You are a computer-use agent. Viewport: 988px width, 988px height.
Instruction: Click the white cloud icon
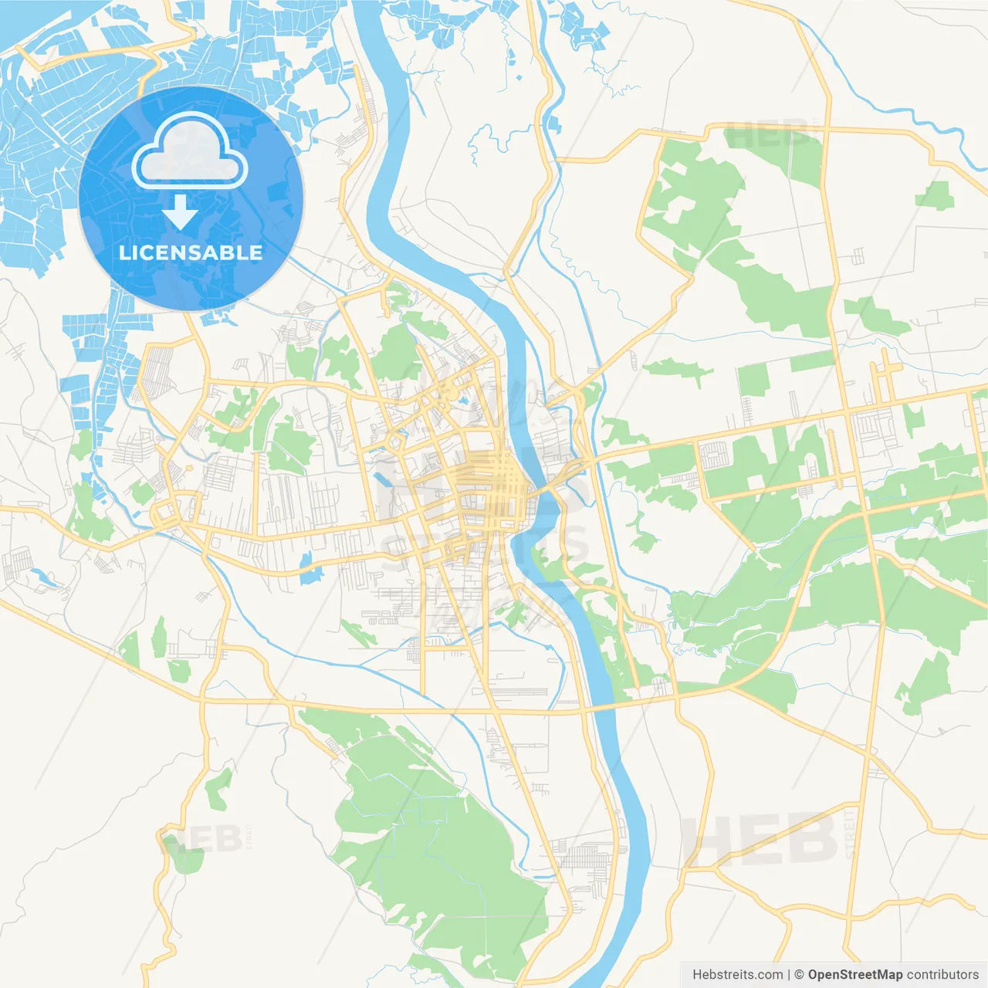190,151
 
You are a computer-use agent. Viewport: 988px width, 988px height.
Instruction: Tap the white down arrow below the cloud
180,211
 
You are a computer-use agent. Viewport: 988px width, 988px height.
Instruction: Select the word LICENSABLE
191,252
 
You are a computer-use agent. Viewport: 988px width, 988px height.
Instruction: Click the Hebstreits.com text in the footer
737,975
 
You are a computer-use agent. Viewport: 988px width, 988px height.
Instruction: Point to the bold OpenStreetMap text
855,975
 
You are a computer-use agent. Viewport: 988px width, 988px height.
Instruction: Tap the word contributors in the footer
942,975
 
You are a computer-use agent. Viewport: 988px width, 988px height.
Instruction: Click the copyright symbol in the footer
800,975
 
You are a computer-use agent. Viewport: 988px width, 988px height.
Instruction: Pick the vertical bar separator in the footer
789,975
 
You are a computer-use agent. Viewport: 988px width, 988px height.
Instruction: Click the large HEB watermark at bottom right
760,840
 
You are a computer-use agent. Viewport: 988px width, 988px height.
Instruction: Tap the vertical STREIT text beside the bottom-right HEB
850,834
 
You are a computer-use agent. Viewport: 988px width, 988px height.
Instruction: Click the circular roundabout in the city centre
395,442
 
